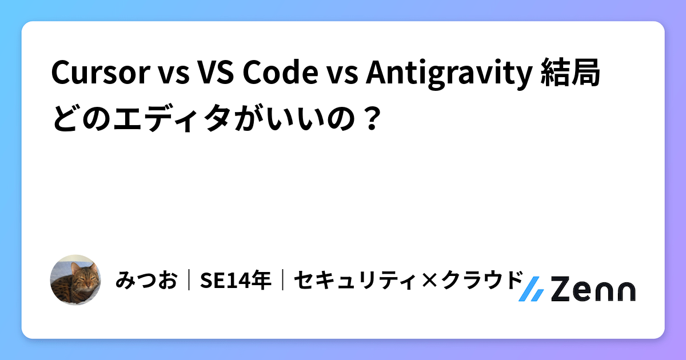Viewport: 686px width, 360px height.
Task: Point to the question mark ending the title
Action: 372,118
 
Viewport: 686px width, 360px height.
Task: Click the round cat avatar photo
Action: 75,279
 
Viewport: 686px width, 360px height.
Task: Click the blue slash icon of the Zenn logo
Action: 531,290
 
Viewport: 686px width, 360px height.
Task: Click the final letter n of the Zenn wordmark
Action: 623,291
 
